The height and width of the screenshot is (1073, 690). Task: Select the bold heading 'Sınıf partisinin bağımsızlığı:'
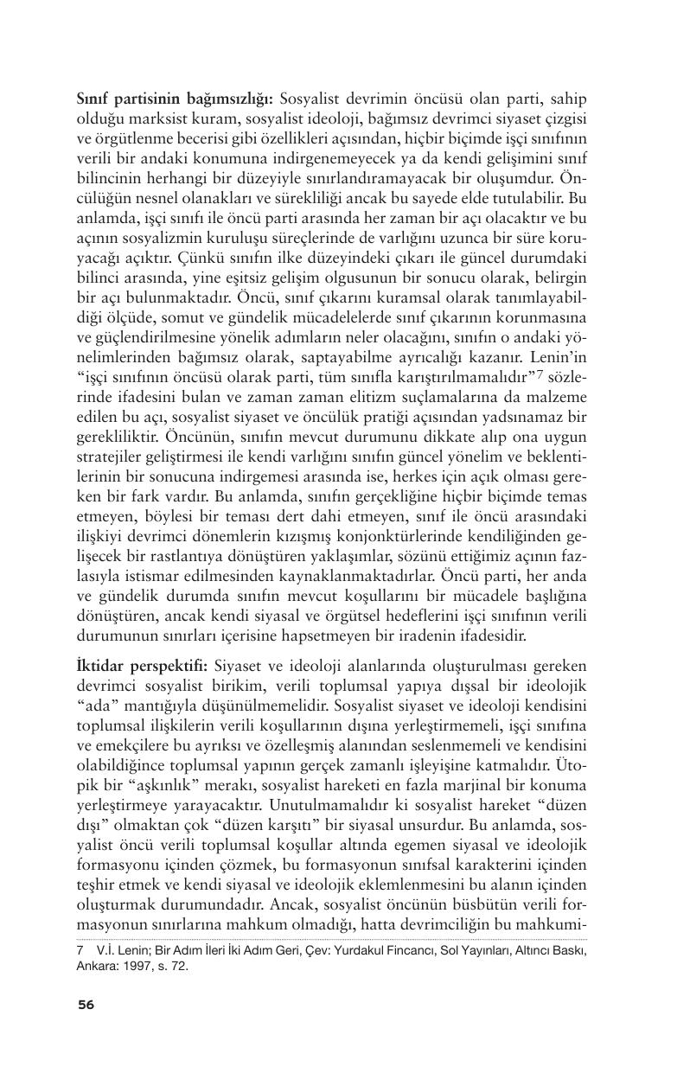(x=152, y=99)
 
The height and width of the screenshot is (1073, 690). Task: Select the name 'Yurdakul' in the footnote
(x=347, y=951)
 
